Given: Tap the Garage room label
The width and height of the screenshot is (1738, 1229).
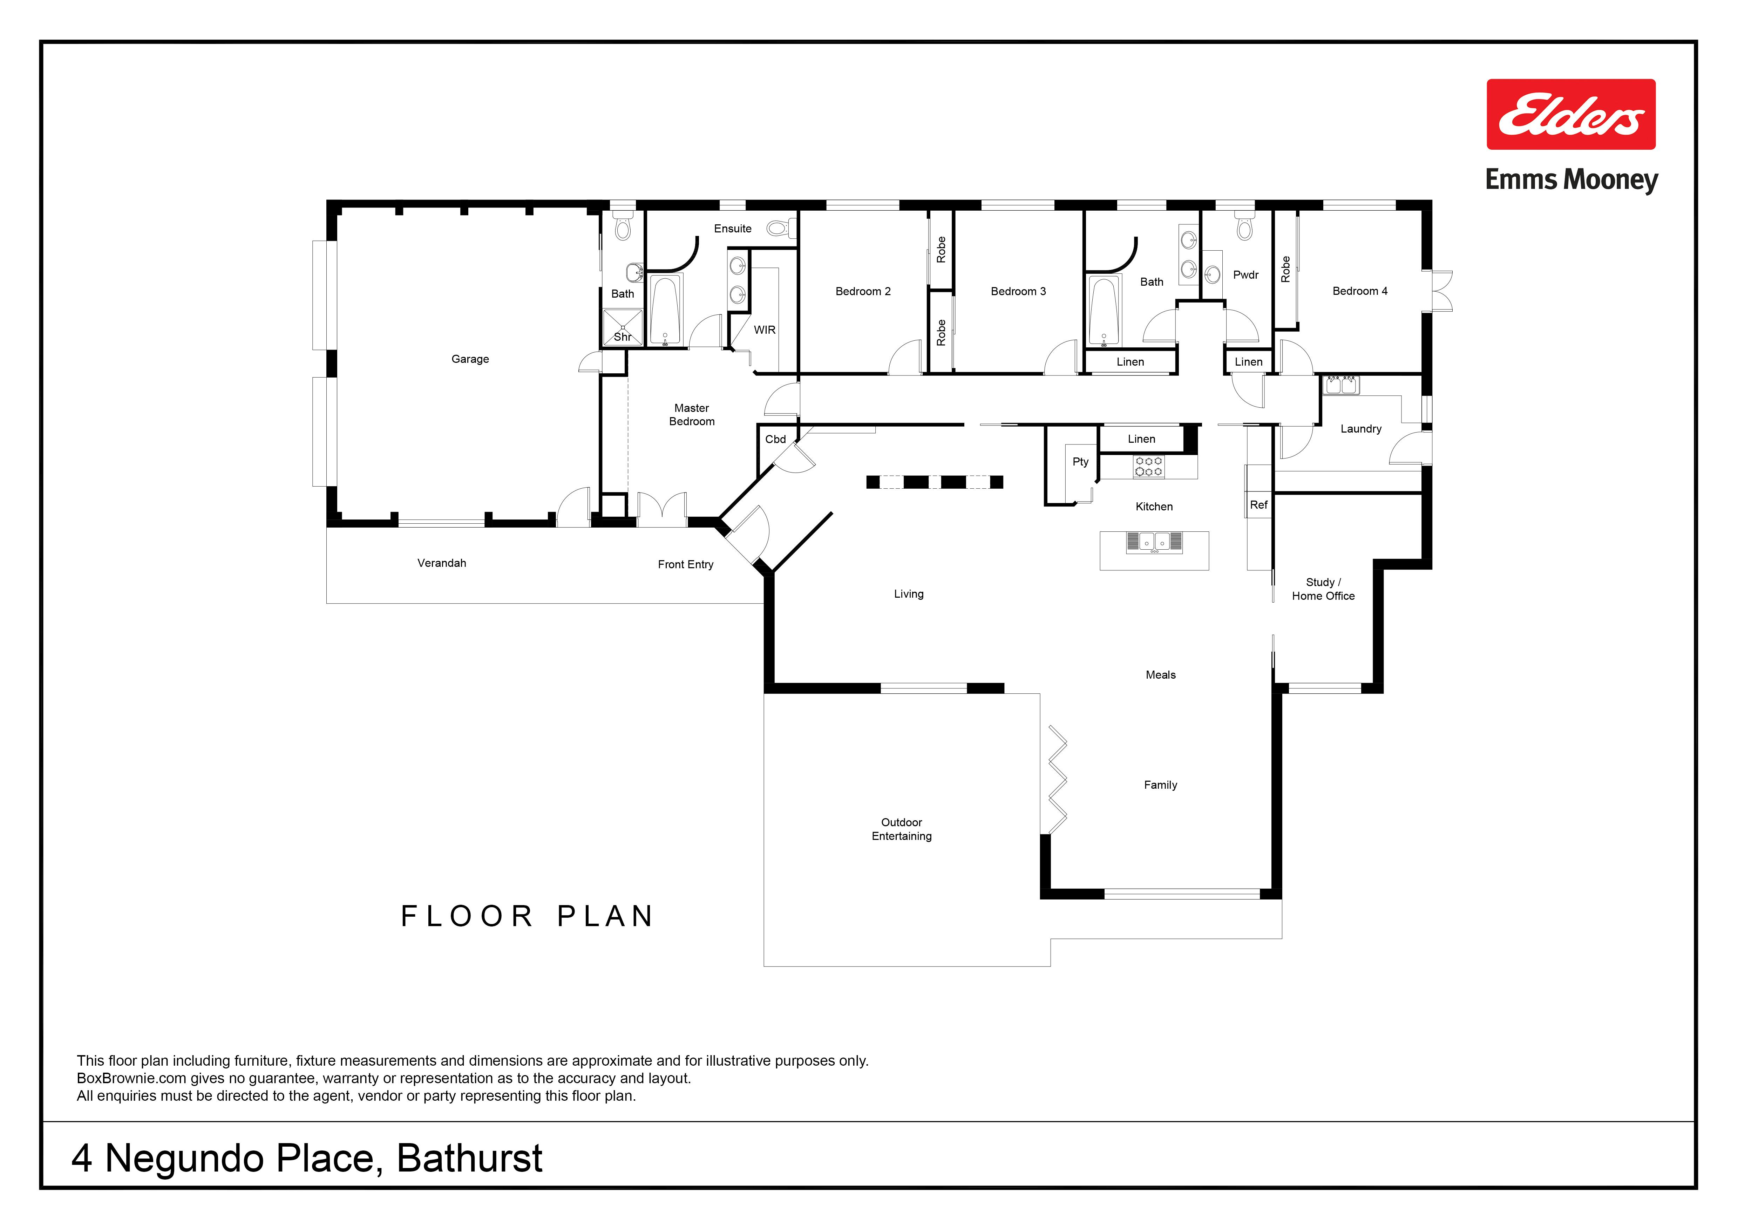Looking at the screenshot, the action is [470, 359].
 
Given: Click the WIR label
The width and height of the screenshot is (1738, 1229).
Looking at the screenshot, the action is [765, 330].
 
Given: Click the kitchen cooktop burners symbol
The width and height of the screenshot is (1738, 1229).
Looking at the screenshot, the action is [1148, 466].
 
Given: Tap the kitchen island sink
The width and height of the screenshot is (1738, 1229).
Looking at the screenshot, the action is [1154, 542].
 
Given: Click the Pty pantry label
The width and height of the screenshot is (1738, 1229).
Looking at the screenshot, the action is [1080, 462].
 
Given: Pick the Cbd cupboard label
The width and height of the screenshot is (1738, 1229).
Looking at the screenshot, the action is [775, 439].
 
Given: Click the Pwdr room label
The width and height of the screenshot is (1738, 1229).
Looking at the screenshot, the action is [1245, 275].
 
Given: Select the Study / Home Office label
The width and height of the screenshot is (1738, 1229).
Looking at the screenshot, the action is [1323, 589].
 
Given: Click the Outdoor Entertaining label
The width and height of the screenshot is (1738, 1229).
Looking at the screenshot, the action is [902, 829].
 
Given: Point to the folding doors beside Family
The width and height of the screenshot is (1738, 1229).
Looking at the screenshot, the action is [1058, 780].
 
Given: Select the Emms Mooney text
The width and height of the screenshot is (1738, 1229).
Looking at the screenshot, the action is [1571, 180].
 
